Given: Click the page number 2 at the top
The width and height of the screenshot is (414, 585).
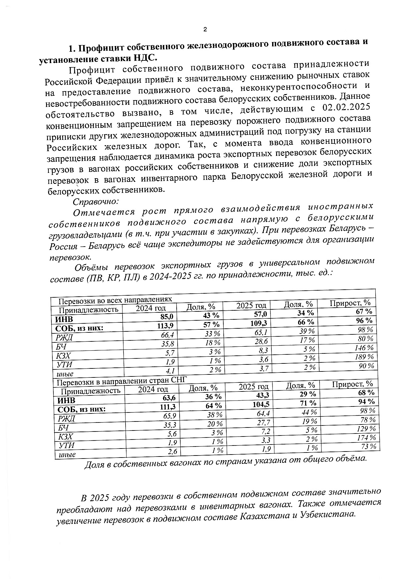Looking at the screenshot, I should pyautogui.click(x=205, y=29).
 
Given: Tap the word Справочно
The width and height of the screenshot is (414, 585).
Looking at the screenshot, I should pyautogui.click(x=96, y=202).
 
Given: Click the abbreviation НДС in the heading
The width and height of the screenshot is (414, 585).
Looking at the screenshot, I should pyautogui.click(x=145, y=58).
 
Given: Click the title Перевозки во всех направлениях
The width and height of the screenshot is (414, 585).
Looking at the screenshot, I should pyautogui.click(x=115, y=300).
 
